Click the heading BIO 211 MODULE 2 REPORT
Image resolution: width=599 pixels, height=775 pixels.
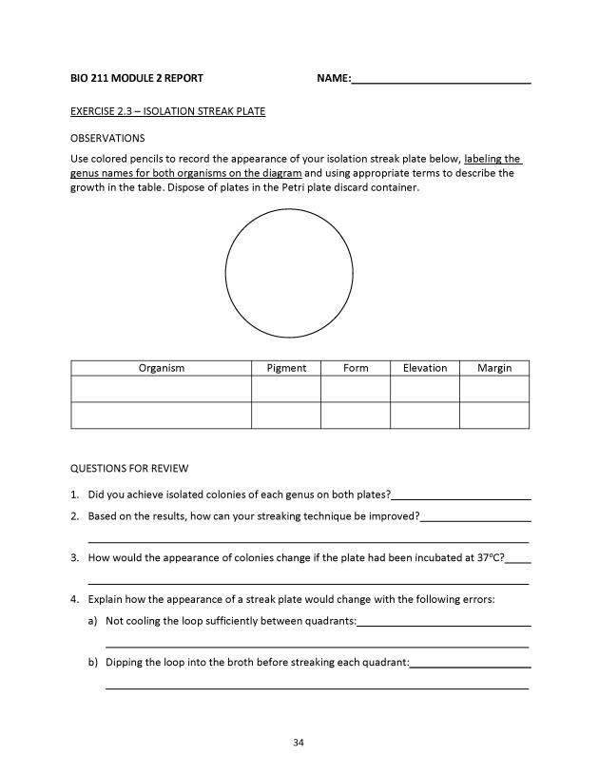click(136, 78)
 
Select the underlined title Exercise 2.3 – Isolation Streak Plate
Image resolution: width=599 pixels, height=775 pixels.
click(167, 111)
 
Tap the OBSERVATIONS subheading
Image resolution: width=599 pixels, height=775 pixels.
click(107, 138)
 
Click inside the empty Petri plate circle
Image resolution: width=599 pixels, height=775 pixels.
click(289, 273)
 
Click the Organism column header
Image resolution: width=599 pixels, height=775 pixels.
click(161, 368)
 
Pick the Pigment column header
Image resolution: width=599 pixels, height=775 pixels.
click(286, 368)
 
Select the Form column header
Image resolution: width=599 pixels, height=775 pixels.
click(356, 368)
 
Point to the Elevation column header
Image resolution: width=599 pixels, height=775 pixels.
click(425, 368)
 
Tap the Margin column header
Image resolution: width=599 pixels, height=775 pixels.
click(494, 368)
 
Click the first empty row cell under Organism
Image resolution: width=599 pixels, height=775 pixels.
click(161, 390)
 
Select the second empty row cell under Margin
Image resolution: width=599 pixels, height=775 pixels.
click(494, 416)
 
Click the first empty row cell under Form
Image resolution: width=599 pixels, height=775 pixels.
click(356, 390)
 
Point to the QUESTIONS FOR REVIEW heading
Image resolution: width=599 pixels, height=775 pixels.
click(129, 468)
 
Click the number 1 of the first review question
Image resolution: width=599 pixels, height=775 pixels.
click(74, 495)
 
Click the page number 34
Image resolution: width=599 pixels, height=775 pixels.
click(299, 742)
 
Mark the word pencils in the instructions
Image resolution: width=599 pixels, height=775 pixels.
click(146, 159)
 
